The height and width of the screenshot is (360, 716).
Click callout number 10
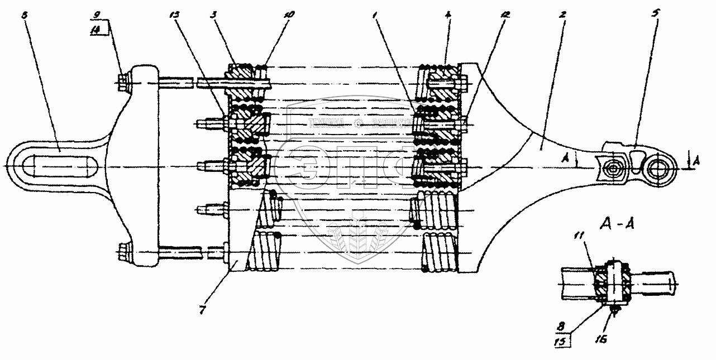pos(288,13)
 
